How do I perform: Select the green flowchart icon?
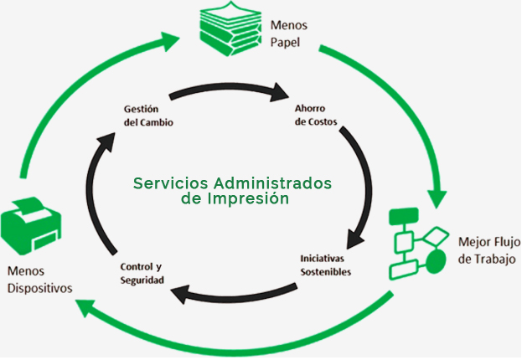point(418,244)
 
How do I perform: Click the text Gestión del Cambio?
point(147,115)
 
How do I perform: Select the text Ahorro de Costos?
point(317,115)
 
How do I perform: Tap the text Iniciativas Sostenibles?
point(325,265)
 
